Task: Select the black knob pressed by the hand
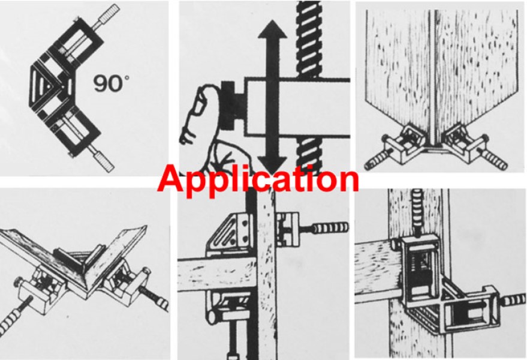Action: (233, 105)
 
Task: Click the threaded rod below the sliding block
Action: (309, 155)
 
